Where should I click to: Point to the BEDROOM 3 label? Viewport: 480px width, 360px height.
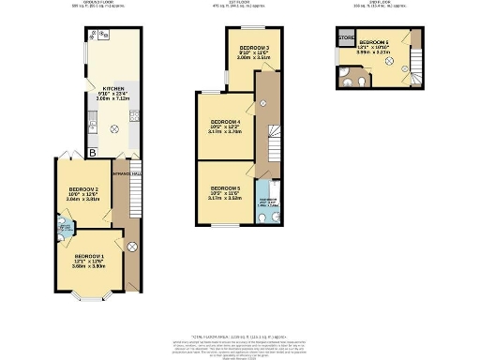tap(253, 47)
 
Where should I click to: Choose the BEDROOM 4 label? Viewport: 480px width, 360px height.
tap(226, 122)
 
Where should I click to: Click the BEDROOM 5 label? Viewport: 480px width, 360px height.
tap(225, 188)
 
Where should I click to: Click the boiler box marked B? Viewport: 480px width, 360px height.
tap(92, 152)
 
